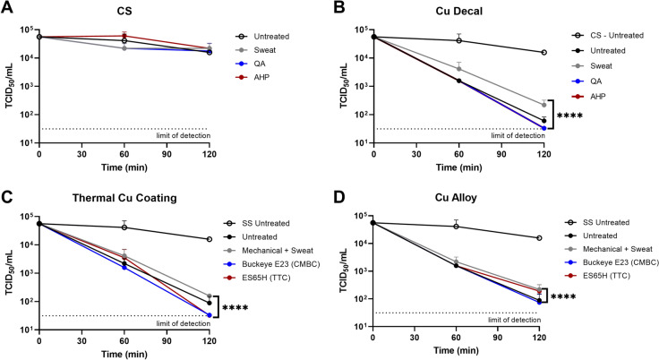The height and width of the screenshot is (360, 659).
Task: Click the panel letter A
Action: (x=6, y=9)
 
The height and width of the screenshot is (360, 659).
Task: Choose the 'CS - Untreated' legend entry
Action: (x=604, y=36)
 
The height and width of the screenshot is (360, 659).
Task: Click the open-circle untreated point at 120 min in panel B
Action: (x=543, y=53)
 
